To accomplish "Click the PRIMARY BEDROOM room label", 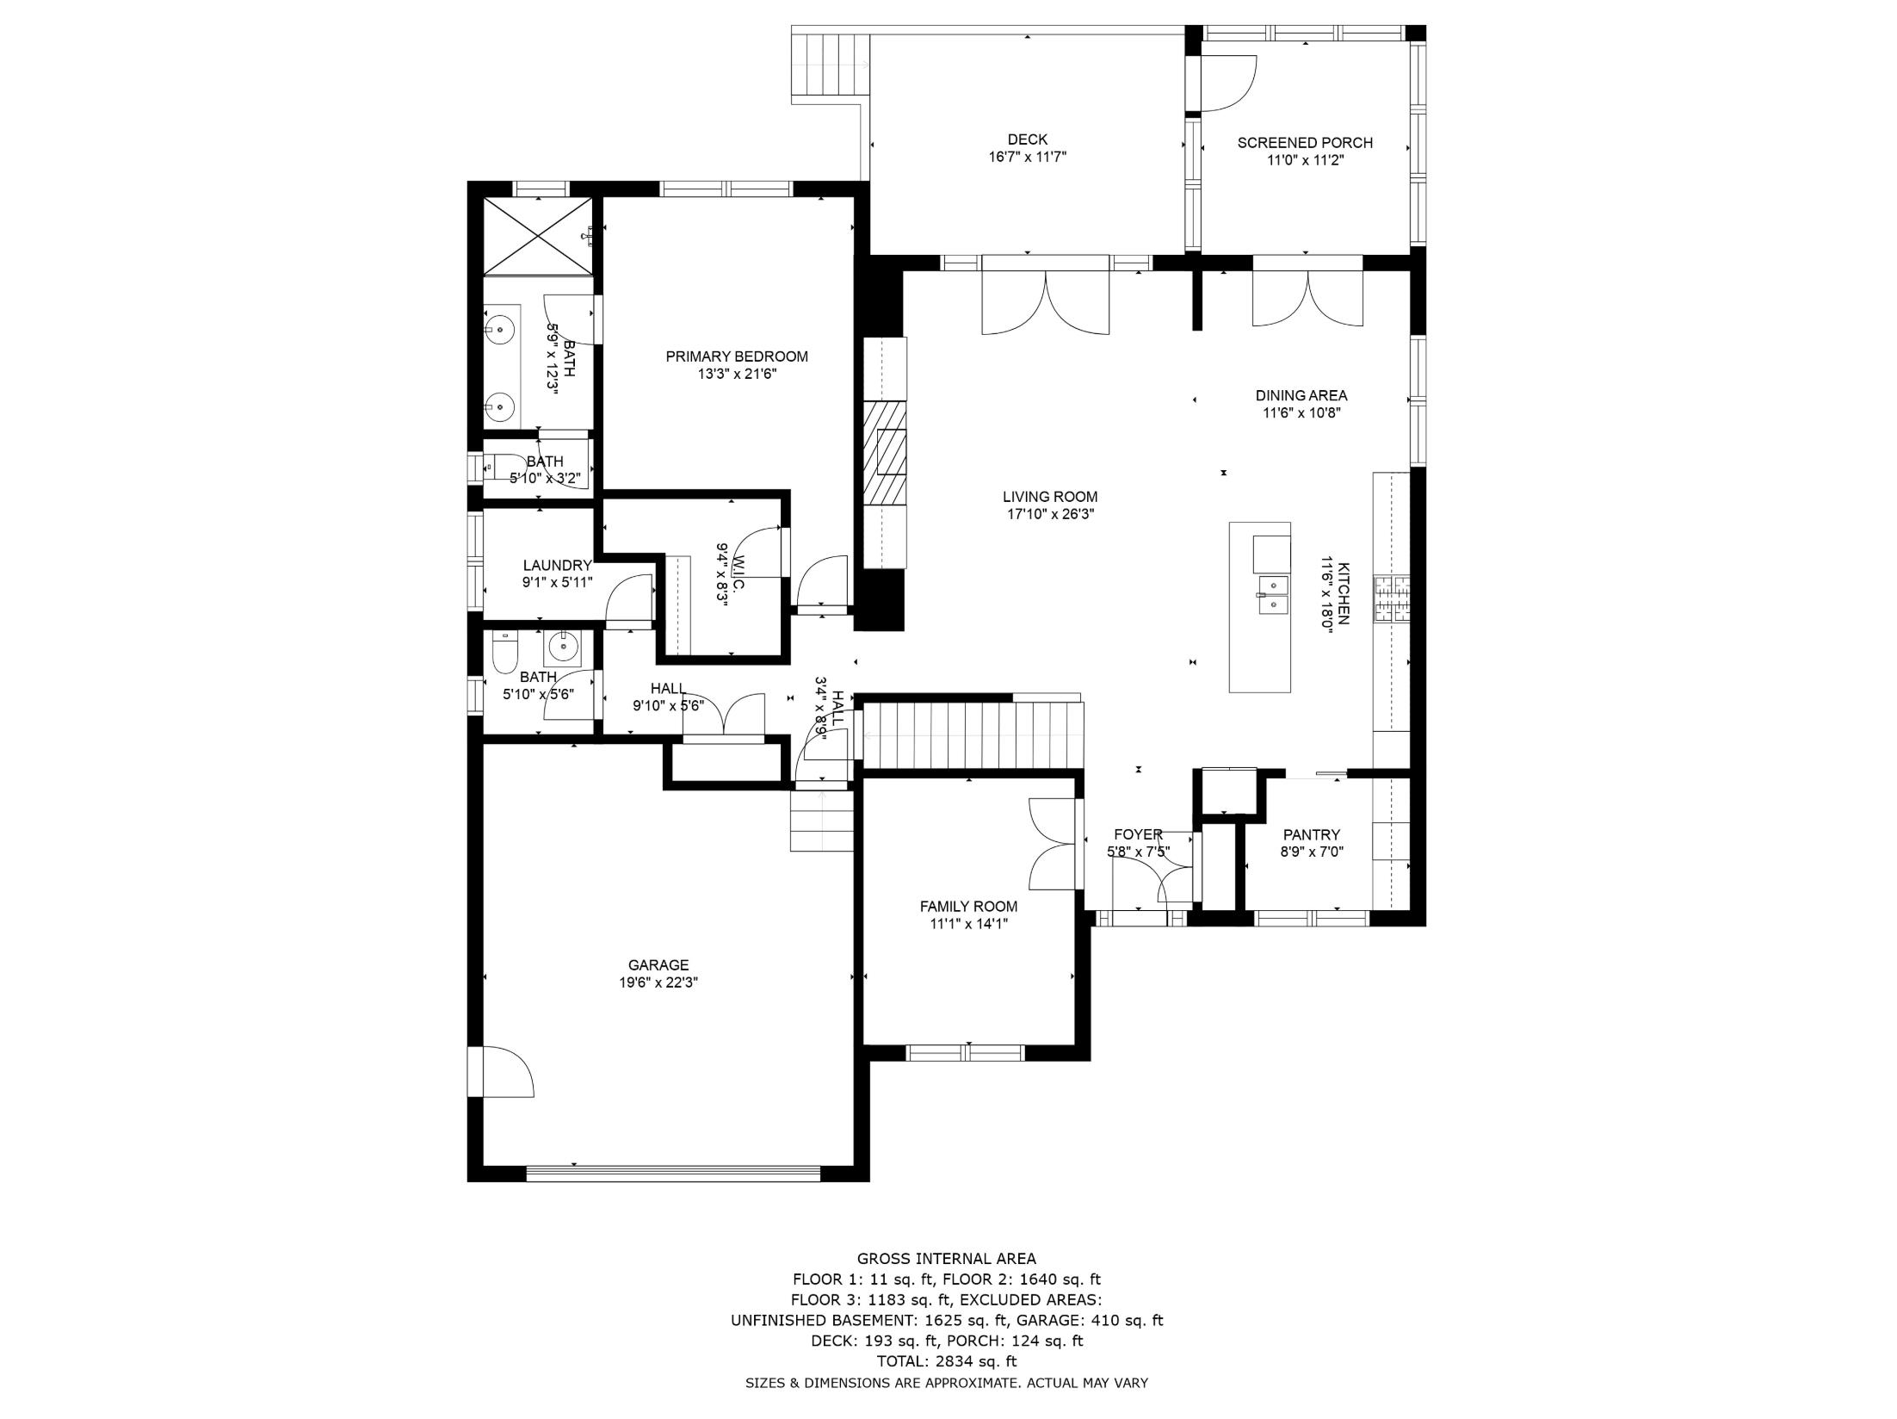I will coord(737,356).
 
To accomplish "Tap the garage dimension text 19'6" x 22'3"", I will coord(658,982).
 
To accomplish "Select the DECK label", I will coord(1028,139).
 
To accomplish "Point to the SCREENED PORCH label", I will coord(1305,143).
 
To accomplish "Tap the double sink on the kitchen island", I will coord(1273,596).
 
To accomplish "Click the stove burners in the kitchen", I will coord(1392,598).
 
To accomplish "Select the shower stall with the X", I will coord(538,236).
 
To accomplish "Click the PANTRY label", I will coord(1312,834).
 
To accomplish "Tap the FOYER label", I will coord(1138,834).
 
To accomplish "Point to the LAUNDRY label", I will coord(557,566).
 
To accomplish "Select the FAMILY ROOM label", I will coord(968,907).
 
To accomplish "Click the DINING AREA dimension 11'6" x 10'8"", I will coord(1301,412).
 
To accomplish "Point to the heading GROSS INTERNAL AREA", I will coord(947,1259).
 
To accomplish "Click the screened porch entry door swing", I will coord(1228,84).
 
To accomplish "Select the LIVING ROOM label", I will coord(1050,497).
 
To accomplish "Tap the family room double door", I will coord(1052,844).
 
